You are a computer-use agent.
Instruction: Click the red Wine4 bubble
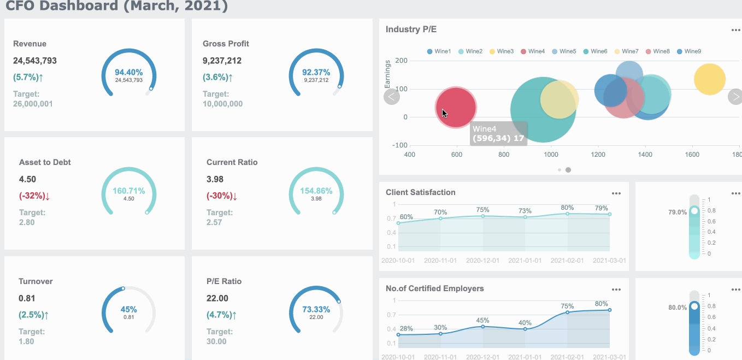tap(456, 107)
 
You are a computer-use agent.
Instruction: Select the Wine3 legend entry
tap(501, 51)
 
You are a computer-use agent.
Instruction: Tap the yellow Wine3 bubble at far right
tap(709, 79)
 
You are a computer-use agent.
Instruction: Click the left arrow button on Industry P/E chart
tap(392, 97)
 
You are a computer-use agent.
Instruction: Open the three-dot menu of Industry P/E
tap(736, 30)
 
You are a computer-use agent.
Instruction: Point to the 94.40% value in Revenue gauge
tap(128, 72)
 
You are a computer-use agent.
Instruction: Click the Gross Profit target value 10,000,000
tap(222, 104)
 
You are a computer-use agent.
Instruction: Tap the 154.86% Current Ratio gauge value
tap(316, 191)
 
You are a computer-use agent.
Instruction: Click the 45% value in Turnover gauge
tap(128, 309)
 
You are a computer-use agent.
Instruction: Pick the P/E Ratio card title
tap(223, 281)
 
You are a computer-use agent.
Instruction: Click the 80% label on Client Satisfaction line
tap(567, 208)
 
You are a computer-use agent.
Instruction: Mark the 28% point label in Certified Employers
tap(406, 329)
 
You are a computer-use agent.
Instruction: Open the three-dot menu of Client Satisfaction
tap(616, 193)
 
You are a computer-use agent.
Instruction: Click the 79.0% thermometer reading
tap(678, 212)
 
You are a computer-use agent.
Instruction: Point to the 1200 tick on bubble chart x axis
tap(598, 155)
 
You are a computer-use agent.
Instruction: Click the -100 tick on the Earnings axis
tap(401, 145)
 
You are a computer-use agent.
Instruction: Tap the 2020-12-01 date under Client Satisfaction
tap(482, 261)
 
